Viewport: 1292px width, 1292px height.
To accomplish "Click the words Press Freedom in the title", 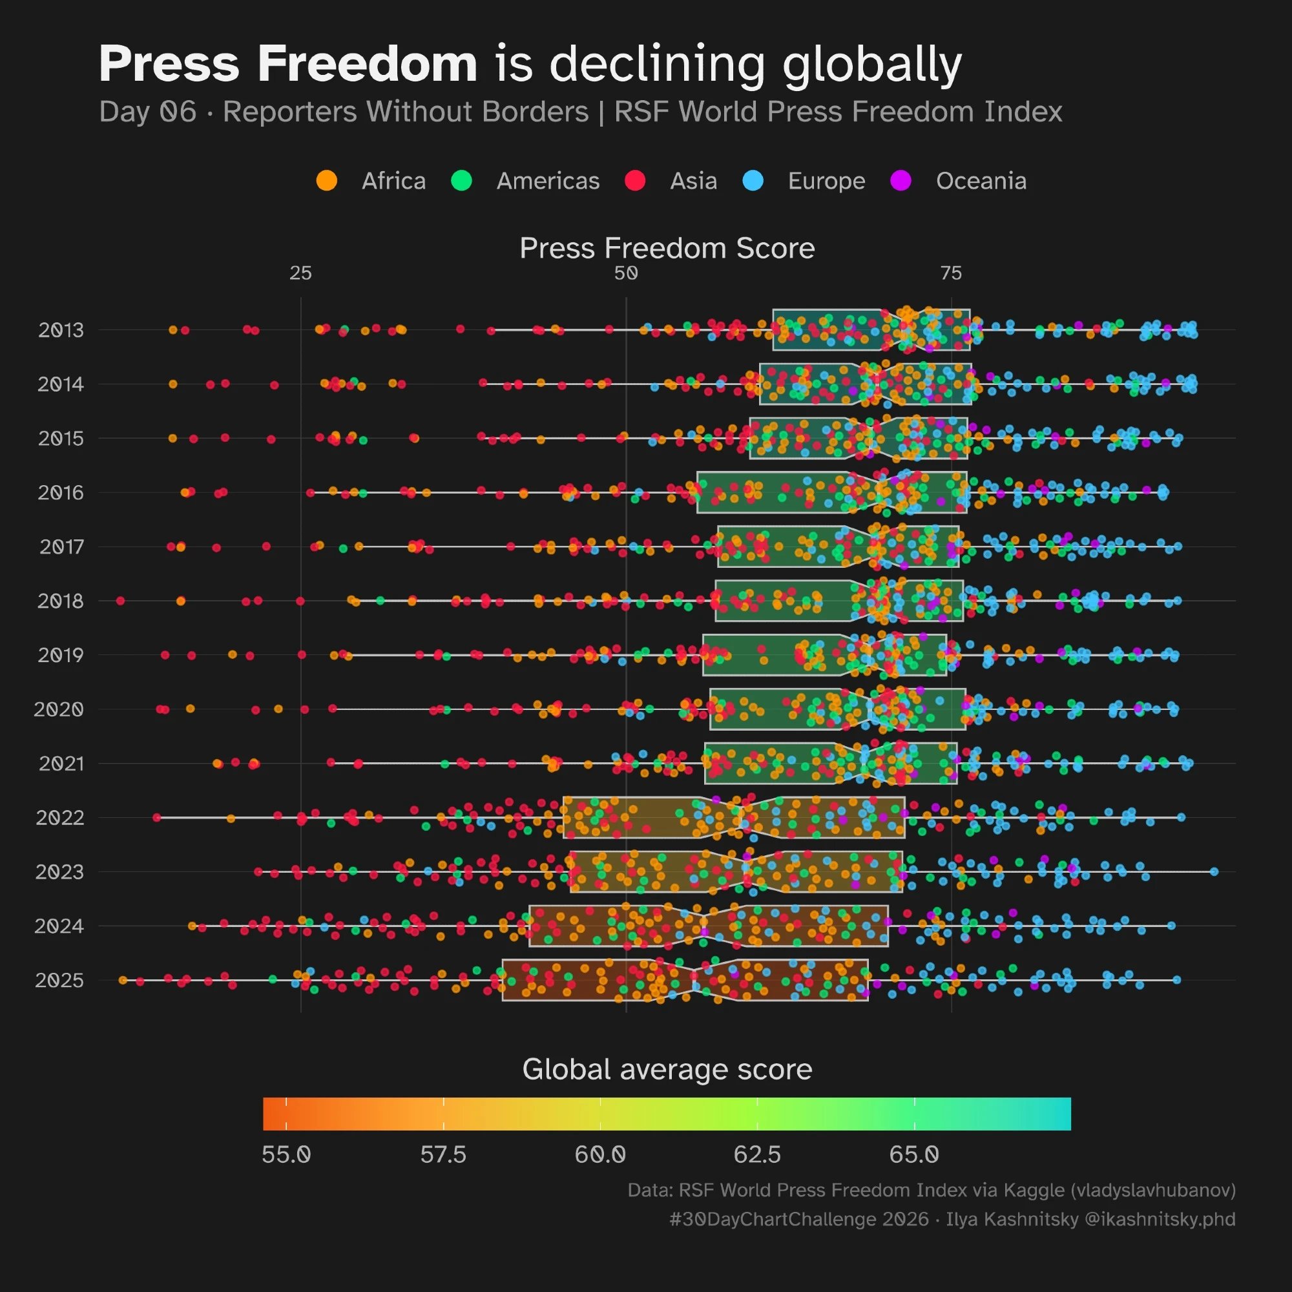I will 287,64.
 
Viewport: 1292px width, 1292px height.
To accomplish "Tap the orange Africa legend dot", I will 326,181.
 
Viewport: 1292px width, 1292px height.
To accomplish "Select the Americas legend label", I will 548,182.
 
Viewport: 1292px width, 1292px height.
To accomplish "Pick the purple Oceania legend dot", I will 901,181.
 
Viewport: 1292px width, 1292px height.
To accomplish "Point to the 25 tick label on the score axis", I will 301,273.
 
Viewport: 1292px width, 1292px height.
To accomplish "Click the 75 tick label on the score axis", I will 951,273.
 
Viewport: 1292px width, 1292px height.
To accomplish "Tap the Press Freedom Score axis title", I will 667,248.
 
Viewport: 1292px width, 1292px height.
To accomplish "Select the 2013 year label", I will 60,329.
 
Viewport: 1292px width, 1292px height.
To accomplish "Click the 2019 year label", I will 60,654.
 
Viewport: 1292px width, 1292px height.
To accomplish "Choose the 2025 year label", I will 59,981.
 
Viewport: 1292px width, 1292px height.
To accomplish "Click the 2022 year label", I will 59,818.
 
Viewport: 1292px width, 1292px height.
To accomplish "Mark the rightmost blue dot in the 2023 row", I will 1214,871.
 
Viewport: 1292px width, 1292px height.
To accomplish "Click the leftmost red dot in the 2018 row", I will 120,601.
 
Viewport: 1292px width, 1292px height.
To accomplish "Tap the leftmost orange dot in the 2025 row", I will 122,980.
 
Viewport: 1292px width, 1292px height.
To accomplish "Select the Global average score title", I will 667,1069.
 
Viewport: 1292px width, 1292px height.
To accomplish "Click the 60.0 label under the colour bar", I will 600,1155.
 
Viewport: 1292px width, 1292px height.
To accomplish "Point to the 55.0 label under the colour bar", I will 286,1155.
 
